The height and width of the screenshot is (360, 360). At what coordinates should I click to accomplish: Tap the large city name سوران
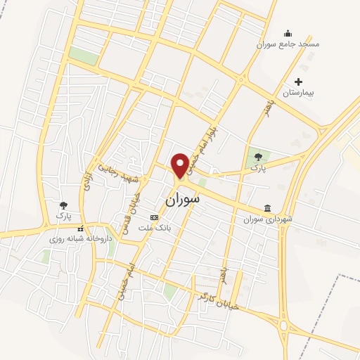(182, 200)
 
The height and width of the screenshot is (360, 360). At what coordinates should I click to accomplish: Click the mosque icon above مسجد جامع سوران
(287, 33)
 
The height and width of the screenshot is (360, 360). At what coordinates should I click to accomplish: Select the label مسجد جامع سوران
(288, 44)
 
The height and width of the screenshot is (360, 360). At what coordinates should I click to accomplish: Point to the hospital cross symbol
(299, 82)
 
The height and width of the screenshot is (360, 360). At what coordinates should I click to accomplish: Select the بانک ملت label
(155, 229)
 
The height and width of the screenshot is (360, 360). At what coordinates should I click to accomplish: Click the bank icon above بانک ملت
(155, 219)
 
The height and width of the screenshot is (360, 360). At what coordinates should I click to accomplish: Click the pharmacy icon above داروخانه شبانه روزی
(80, 228)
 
